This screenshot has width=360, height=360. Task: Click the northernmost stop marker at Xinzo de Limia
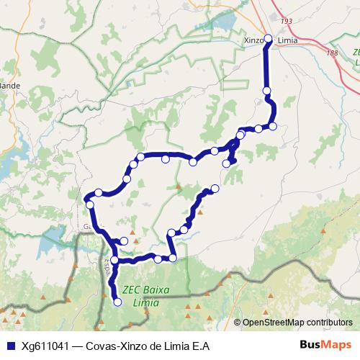click(268, 38)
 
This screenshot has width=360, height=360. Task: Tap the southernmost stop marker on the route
click(118, 302)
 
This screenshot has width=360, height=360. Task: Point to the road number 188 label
click(331, 53)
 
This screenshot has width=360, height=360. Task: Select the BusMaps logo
click(326, 345)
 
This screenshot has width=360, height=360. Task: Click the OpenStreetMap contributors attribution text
click(297, 323)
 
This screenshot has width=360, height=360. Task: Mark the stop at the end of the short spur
click(227, 163)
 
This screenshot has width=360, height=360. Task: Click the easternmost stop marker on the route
click(273, 126)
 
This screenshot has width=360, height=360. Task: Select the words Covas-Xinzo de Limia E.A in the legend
click(148, 346)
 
